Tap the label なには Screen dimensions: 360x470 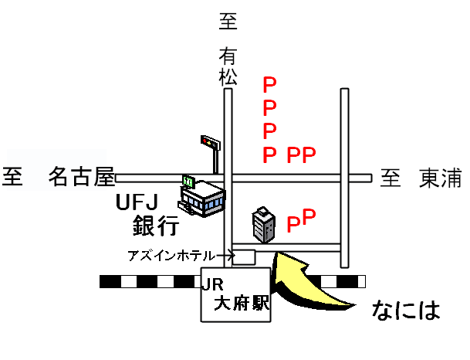pos(405,310)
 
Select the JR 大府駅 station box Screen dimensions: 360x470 pos(236,295)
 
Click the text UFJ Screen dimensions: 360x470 pos(137,203)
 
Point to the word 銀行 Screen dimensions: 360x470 pos(155,226)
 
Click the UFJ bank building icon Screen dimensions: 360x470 pos(202,199)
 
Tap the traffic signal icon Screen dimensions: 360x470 pos(210,142)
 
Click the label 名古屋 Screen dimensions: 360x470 pos(82,178)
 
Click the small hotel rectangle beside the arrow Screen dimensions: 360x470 pos(245,256)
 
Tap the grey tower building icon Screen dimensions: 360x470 pos(264,224)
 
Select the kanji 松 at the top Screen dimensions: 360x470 pos(228,77)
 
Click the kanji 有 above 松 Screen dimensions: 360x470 pos(228,56)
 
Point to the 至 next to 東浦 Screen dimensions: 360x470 pos(391,179)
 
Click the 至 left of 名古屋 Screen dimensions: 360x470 pos(14,178)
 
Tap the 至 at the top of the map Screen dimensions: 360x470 pos(228,22)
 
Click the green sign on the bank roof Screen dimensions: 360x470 pos(188,181)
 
